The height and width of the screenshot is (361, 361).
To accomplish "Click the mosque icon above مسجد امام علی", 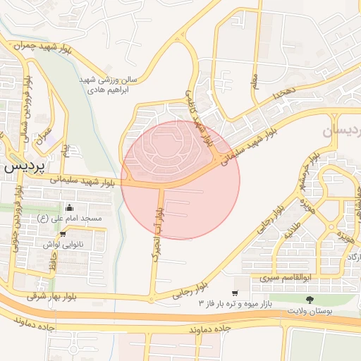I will click(x=69, y=208).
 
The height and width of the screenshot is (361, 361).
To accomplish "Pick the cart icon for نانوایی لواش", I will click(x=63, y=233).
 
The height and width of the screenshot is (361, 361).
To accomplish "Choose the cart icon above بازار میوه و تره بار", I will click(x=234, y=293).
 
